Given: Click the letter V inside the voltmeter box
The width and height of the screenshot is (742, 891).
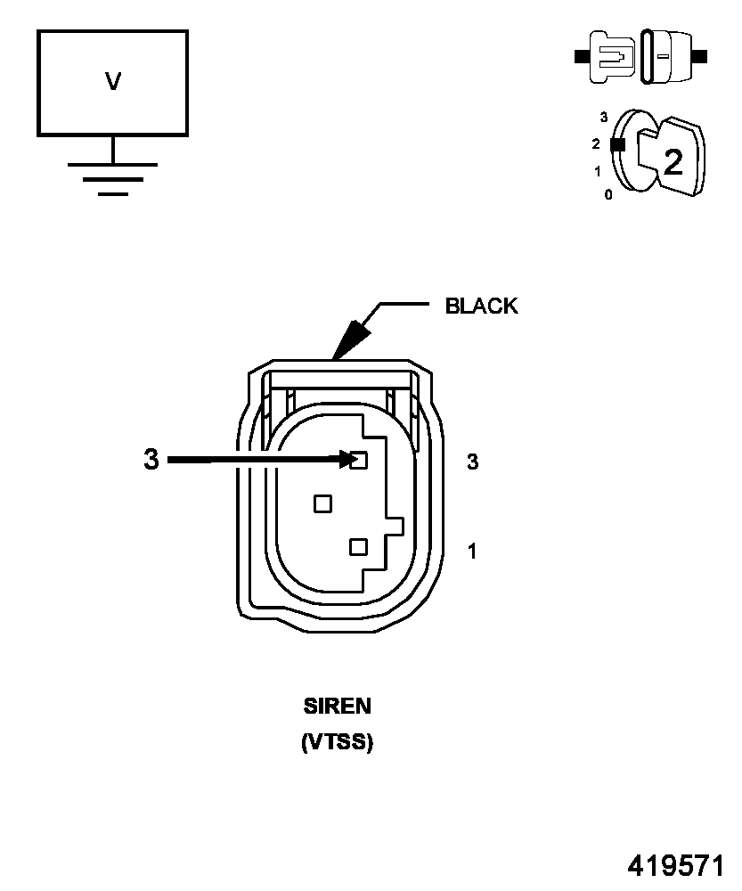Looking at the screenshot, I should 113,82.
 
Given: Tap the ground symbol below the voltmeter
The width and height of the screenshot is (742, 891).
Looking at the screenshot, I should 113,178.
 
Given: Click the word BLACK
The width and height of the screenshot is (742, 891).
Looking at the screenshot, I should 481,307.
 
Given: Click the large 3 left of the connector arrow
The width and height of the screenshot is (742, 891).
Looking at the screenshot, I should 151,460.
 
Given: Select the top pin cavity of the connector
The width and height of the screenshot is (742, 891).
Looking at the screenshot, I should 359,461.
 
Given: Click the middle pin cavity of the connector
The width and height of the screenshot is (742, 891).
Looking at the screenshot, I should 322,504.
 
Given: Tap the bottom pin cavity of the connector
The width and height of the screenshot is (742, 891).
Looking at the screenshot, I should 359,546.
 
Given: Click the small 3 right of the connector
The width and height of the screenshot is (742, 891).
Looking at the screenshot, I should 473,462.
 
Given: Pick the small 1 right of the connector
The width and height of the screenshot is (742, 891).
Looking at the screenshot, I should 472,552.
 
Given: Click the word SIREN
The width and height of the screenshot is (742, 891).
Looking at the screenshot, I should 337,707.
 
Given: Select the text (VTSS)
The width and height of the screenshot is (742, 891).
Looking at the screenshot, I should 337,741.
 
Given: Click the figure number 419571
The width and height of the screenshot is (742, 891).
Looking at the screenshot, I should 676,866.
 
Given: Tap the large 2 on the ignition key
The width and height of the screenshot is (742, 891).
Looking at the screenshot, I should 673,161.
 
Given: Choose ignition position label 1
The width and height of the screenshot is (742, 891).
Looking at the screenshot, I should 598,171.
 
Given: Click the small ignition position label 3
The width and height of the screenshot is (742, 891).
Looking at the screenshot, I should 604,117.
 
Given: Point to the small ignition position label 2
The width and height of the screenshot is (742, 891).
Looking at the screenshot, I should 596,143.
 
